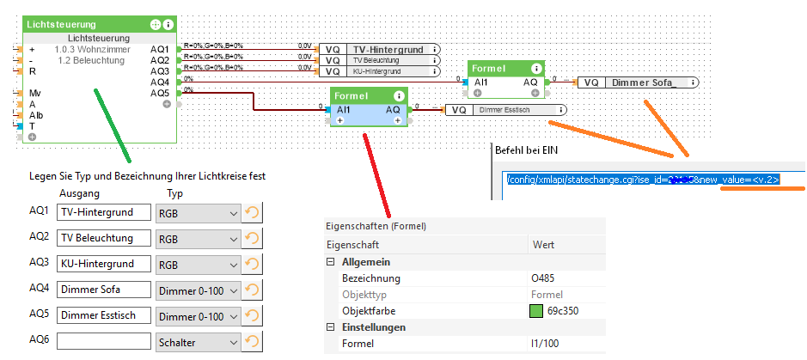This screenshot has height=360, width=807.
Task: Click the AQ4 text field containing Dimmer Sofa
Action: (104, 290)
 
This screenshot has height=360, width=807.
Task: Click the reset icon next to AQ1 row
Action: (253, 212)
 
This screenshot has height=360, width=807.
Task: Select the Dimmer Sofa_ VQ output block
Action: (641, 82)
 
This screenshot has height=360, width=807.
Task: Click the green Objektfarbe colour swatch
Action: (537, 311)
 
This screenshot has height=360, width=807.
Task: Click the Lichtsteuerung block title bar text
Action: (62, 25)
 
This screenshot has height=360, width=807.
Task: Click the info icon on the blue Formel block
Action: (399, 96)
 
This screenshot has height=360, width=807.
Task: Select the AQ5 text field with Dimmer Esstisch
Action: (104, 316)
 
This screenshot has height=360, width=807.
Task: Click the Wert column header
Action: (543, 245)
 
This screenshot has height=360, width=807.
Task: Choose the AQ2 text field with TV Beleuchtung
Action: (104, 238)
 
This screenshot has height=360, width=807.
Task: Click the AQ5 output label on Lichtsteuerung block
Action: (160, 93)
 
